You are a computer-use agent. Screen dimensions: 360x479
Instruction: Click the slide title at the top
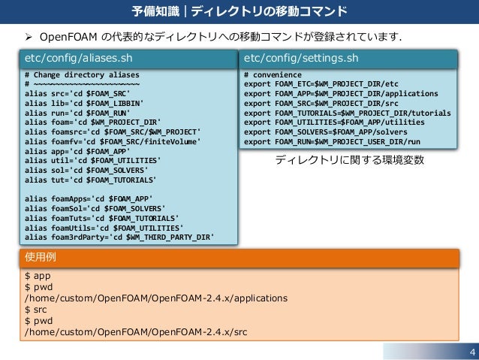(x=239, y=11)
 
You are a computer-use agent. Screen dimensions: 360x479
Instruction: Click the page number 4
(x=471, y=352)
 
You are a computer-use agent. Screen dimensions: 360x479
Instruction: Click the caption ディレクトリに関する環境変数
(x=349, y=159)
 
